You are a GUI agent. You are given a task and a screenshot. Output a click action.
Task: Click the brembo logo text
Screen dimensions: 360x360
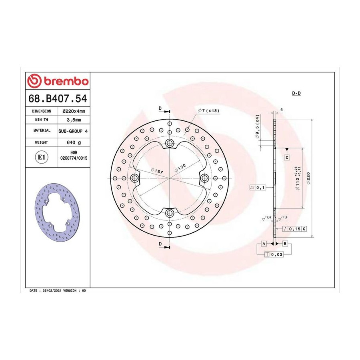66,81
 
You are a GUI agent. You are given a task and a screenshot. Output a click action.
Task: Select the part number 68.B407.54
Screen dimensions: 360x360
58,98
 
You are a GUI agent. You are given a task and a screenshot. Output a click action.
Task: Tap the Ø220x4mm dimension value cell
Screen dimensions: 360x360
74,111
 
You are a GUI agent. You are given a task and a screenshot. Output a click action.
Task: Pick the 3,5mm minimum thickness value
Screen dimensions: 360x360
74,120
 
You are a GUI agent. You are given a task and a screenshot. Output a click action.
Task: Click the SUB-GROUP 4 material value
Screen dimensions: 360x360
73,131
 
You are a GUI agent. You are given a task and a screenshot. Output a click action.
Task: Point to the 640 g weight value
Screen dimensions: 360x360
74,142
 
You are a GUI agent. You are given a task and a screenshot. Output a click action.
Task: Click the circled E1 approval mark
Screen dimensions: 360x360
42,157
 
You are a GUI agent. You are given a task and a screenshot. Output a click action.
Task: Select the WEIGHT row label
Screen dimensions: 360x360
41,142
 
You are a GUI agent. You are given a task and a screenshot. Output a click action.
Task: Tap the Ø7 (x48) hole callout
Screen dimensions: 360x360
209,111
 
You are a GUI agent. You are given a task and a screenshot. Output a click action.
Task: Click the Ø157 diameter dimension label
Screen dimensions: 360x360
157,171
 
